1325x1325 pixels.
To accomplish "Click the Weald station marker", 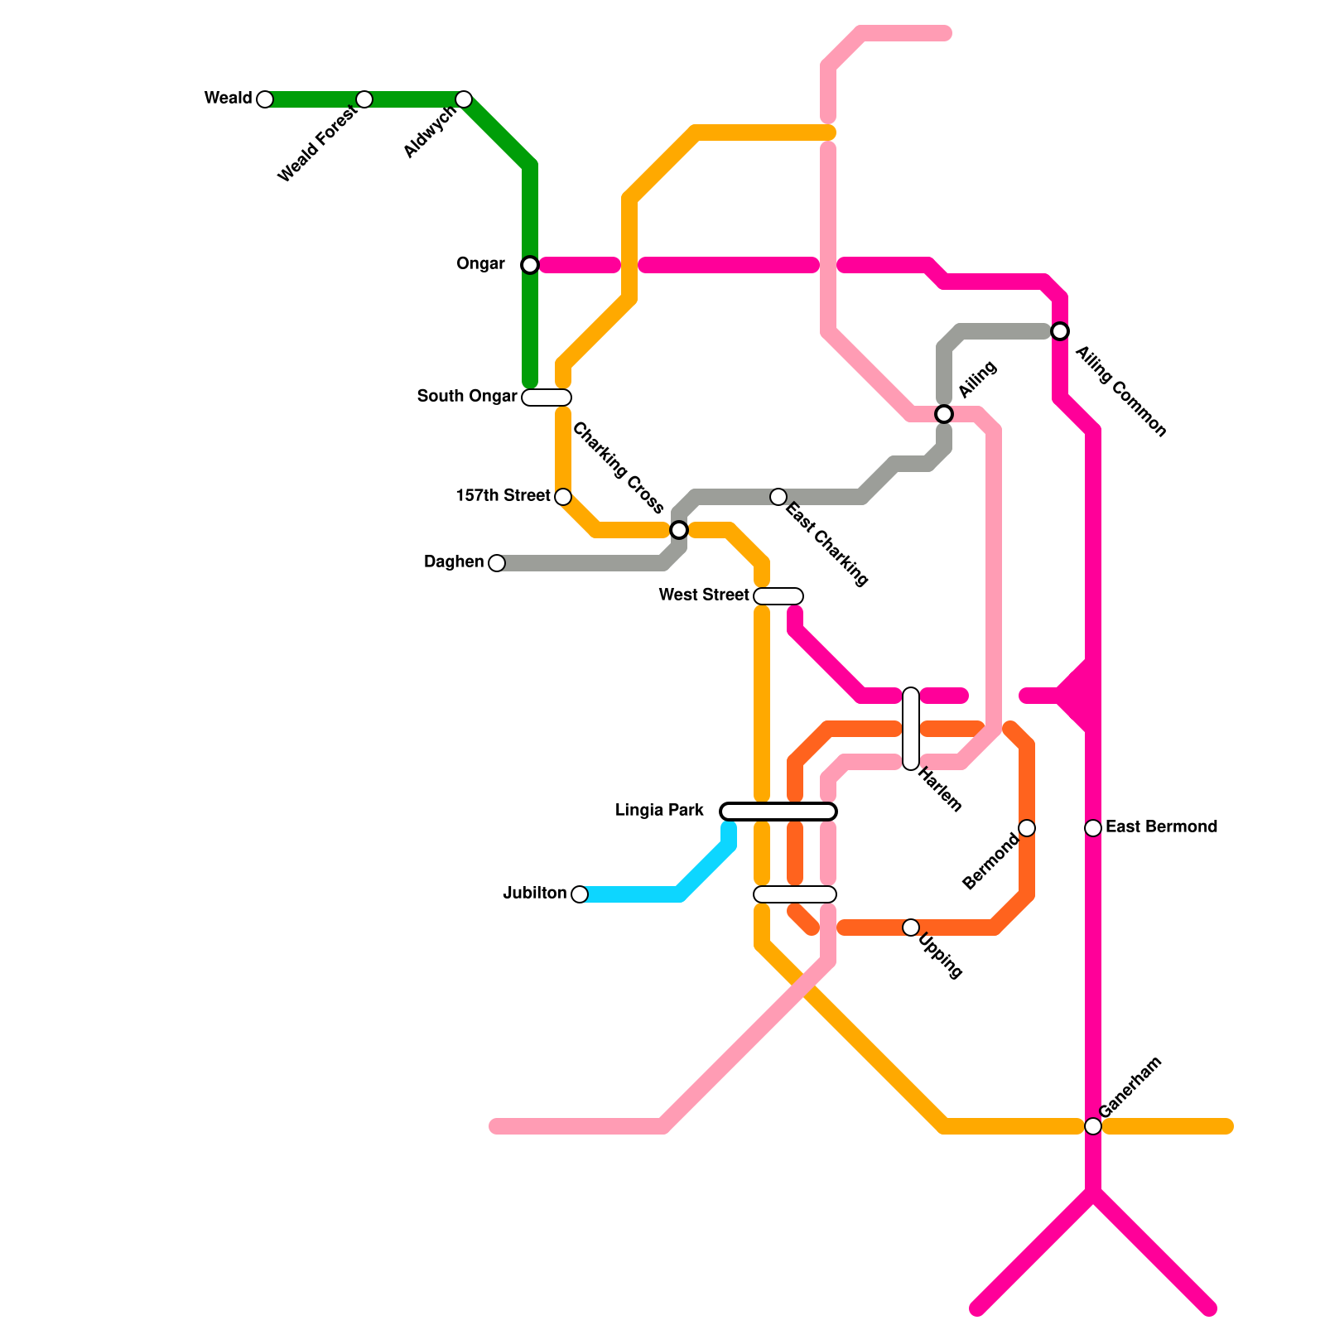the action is (265, 99).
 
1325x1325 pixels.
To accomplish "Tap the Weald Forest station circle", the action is (364, 99).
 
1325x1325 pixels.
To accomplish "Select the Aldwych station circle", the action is (464, 99).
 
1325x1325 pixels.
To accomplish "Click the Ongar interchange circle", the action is (530, 265).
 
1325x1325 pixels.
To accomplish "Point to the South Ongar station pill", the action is (547, 397).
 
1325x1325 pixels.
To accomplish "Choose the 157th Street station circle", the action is (563, 497).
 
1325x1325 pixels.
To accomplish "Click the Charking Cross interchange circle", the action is (679, 529).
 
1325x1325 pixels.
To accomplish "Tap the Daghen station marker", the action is (497, 563).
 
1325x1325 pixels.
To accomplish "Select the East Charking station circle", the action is (778, 497).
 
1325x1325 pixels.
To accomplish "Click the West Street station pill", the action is (778, 596).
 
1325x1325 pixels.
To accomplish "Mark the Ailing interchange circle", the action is (944, 413).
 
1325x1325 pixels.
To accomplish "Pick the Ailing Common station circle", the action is (1060, 331).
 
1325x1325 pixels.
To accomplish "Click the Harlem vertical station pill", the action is (911, 729).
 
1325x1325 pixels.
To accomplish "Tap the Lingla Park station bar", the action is (778, 812).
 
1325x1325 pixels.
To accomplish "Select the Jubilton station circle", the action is (580, 894).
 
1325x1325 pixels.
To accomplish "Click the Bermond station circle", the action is (1027, 828).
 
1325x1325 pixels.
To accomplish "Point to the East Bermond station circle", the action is (1093, 828).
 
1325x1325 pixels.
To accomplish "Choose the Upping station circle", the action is (911, 927).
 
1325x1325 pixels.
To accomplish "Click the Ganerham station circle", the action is (1093, 1126).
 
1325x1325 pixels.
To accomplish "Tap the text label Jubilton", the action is (535, 894).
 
